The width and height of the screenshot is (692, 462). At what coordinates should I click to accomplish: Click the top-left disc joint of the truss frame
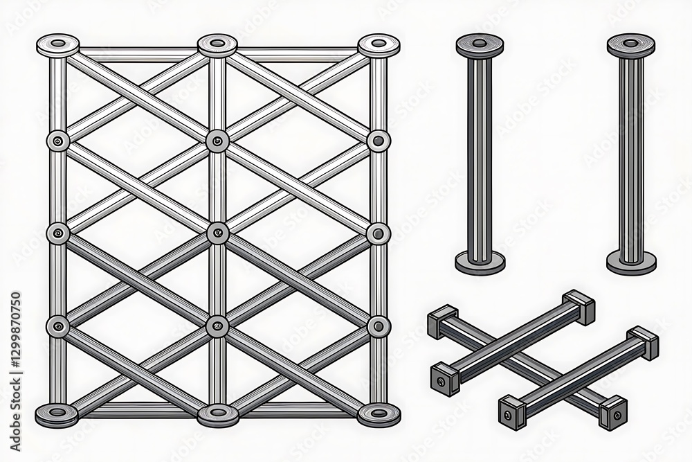click(57, 46)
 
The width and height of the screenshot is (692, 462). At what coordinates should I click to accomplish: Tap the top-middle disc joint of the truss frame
click(217, 45)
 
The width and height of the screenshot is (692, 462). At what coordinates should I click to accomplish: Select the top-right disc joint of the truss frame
click(378, 45)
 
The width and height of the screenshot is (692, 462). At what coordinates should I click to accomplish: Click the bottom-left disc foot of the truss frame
click(57, 413)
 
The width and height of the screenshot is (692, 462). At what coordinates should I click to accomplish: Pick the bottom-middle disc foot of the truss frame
click(217, 414)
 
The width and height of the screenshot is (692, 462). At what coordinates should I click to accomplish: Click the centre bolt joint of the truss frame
click(217, 233)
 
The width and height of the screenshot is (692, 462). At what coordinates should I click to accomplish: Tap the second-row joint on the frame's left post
click(57, 141)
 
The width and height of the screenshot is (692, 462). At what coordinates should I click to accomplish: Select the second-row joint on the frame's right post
click(378, 141)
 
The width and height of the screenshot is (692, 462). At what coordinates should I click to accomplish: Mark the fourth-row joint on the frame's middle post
click(217, 325)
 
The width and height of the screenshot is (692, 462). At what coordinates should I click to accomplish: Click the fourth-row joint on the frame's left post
click(57, 325)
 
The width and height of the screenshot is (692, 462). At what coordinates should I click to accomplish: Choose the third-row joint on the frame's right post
click(378, 233)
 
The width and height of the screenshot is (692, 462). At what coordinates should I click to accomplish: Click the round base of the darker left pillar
click(480, 263)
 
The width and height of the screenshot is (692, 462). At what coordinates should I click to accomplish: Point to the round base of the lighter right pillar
click(630, 263)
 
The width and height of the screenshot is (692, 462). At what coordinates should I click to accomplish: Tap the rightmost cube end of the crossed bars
click(644, 342)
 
